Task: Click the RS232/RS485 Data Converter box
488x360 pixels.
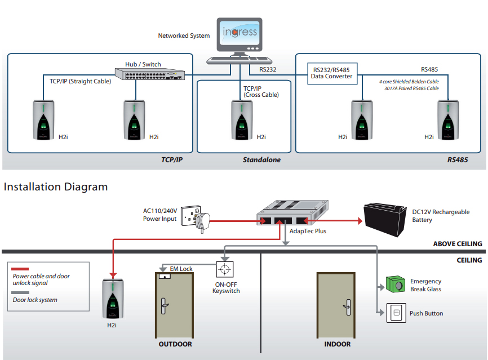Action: tap(331, 74)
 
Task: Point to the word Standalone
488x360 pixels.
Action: tap(261, 160)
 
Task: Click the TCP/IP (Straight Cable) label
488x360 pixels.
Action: tap(80, 81)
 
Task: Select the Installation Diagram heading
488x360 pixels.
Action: tap(56, 186)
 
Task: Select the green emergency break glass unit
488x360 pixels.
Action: tap(396, 285)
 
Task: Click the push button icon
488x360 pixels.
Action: tap(396, 313)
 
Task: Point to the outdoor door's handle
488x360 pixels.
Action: tap(165, 305)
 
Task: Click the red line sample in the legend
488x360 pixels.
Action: tap(21, 269)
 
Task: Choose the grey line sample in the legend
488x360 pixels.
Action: tap(21, 293)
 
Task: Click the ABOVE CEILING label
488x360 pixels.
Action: tap(458, 244)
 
